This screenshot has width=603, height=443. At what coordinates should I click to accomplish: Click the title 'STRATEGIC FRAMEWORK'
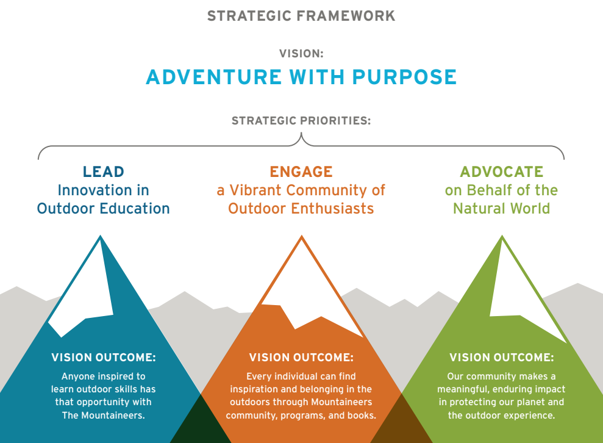pos(301,16)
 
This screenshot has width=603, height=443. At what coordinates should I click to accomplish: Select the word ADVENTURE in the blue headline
pos(214,77)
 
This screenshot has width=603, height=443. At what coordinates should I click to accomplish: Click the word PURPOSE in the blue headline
pos(404,77)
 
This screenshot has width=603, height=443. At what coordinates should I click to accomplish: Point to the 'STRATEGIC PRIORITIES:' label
pos(301,121)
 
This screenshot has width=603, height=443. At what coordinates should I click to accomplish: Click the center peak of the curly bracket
pos(301,133)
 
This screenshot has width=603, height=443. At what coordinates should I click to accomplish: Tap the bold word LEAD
pos(104,171)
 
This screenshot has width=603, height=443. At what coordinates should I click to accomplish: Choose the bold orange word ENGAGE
pos(301,171)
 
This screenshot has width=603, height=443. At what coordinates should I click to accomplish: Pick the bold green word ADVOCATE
pos(501,171)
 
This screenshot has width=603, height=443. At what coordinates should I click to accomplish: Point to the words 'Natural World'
pos(501,209)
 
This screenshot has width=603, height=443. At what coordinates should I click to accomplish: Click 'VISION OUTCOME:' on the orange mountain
pos(301,358)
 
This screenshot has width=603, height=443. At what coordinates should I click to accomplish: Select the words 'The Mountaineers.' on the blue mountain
pos(104,416)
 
